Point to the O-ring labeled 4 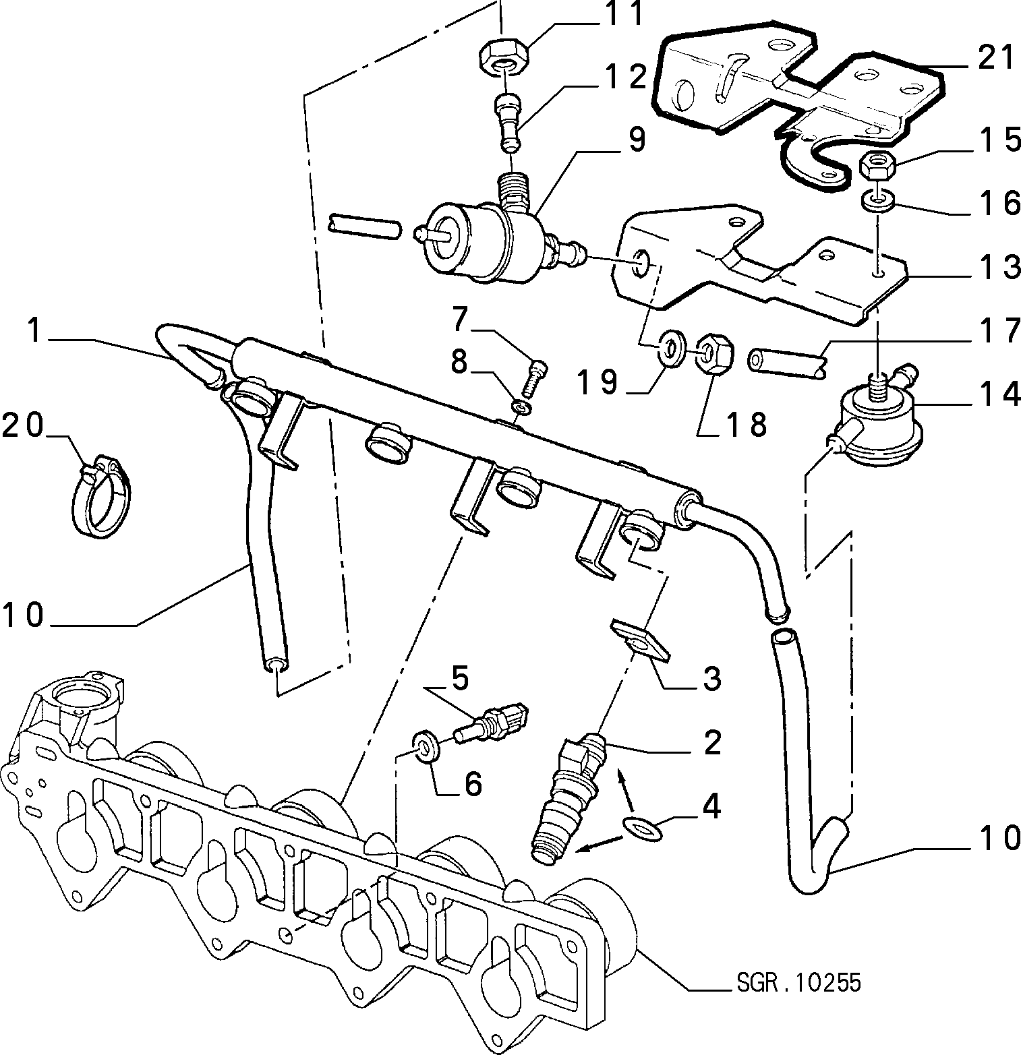643,826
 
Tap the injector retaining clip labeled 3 640,640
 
